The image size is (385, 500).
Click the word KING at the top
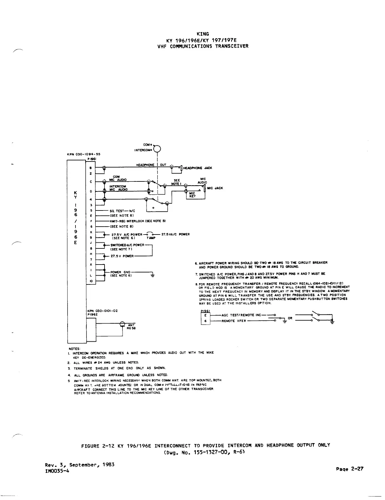point(202,34)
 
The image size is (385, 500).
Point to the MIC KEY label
point(192,195)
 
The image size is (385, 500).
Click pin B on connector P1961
point(91,168)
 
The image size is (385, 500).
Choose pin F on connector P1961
point(91,221)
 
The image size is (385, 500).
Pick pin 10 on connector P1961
point(91,281)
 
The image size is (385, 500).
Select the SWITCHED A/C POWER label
point(127,245)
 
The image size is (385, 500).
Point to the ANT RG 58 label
point(131,327)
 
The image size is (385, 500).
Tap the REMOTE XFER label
point(234,321)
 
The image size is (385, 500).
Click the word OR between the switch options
point(290,318)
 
